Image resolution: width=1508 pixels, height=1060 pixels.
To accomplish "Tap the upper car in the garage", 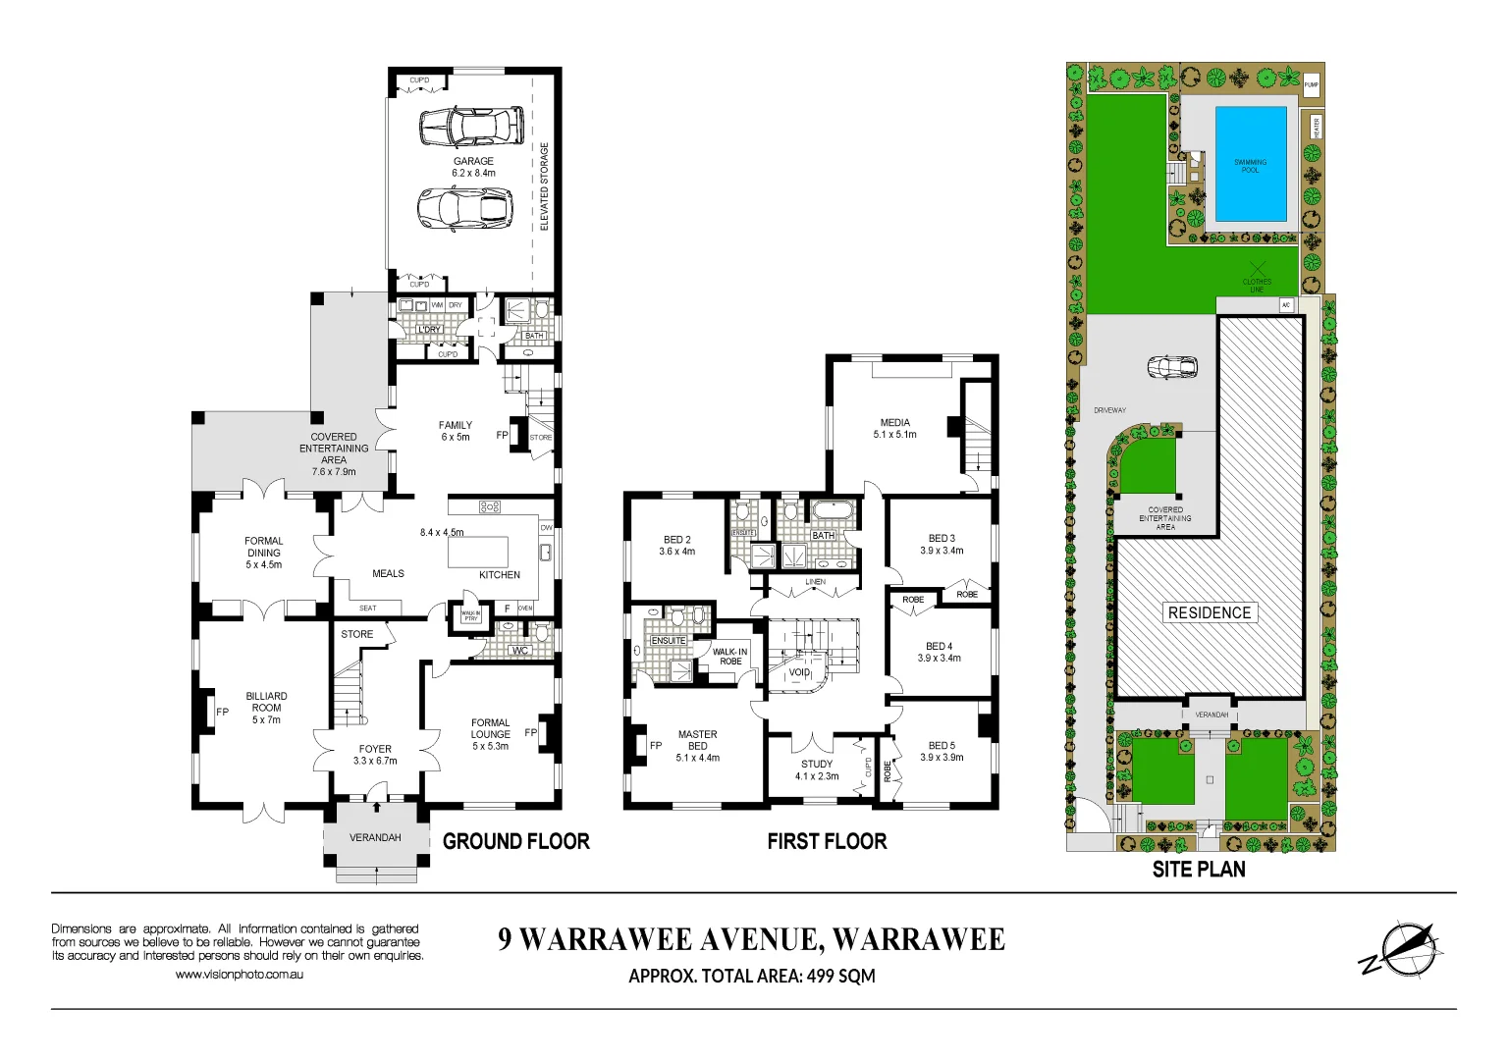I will click(471, 128).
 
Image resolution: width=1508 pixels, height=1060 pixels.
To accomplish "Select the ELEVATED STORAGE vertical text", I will click(545, 186).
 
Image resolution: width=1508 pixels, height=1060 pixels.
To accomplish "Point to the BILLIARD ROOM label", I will click(266, 707).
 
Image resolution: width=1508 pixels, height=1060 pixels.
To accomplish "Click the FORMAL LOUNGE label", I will click(490, 734).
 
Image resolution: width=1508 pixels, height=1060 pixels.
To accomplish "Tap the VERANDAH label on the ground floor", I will click(375, 837).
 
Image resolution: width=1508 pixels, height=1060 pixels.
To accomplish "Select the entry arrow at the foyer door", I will click(376, 806).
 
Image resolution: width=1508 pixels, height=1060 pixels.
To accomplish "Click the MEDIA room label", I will click(894, 428).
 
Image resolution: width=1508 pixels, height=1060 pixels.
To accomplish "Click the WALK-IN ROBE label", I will click(729, 657).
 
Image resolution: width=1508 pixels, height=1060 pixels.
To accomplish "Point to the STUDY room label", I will click(817, 769).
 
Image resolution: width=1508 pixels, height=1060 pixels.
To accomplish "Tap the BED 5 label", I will click(941, 751).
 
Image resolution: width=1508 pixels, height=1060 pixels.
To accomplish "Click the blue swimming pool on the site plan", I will click(1250, 165).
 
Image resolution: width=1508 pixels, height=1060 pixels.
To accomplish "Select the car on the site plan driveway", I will click(1173, 367).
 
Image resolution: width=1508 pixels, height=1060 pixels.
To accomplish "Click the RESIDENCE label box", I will click(1209, 612).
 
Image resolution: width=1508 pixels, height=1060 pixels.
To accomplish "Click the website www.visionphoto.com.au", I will click(240, 975).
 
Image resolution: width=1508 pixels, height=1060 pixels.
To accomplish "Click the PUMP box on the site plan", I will click(1311, 85).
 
